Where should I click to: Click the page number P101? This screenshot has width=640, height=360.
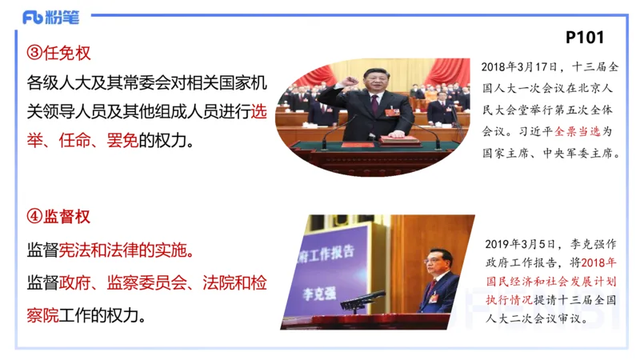tap(584, 37)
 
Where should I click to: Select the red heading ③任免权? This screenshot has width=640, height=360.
tap(59, 54)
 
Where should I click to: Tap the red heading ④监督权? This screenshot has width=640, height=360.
tap(59, 217)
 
